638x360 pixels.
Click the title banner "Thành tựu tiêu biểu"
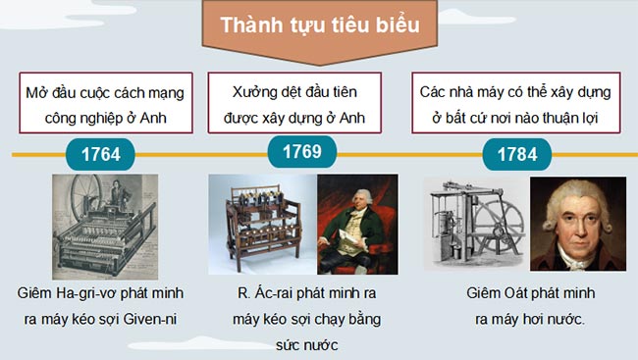(319, 26)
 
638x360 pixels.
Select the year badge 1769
(301, 152)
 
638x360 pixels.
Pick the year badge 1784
(517, 154)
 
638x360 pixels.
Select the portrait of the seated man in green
(357, 227)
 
